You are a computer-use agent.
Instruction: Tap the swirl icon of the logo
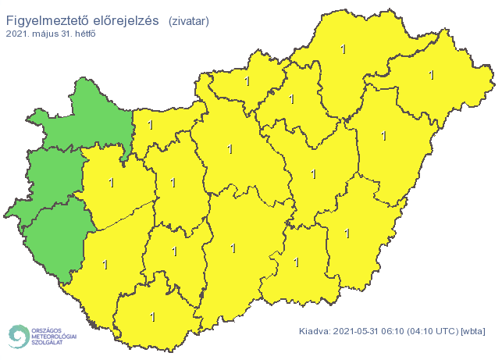click(17, 336)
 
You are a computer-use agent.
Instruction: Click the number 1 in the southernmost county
click(152, 317)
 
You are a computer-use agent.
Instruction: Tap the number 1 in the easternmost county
click(431, 75)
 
